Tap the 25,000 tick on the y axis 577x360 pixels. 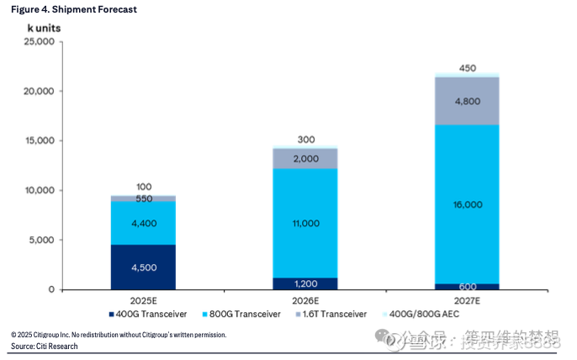[40, 41]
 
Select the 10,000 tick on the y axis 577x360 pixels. [40, 191]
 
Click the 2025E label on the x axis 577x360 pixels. [143, 300]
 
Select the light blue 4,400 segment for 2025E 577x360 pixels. [143, 223]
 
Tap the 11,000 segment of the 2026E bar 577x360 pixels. [304, 223]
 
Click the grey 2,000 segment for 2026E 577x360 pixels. [304, 159]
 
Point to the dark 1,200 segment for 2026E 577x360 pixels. [304, 284]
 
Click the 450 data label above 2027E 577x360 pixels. [467, 67]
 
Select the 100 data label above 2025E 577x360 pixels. [143, 186]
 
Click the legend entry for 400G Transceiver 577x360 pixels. [147, 315]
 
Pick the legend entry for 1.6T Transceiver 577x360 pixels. [331, 315]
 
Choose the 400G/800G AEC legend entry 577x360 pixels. [422, 315]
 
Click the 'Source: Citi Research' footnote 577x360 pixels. [44, 347]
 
